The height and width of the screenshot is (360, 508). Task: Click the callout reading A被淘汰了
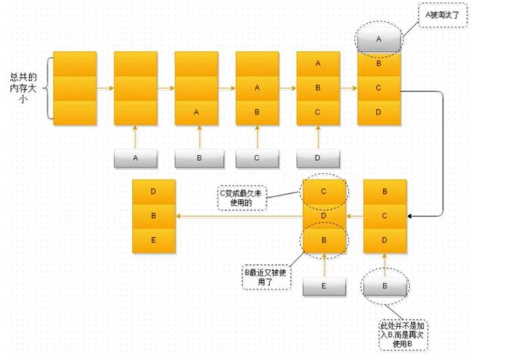pos(443,15)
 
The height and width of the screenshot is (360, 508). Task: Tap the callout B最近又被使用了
pos(267,278)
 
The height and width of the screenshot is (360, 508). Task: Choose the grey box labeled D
pos(318,158)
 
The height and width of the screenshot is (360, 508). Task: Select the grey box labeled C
pos(257,158)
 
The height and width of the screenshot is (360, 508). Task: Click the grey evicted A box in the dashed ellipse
pos(379,40)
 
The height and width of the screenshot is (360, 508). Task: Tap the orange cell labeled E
pos(153,241)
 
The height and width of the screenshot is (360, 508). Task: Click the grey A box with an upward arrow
pos(135,158)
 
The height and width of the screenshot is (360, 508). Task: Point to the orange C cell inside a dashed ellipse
pos(324,192)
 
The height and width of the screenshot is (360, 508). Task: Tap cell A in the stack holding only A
pos(196,112)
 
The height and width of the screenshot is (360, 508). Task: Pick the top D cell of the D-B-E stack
pos(153,192)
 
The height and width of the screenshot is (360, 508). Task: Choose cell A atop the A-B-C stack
pos(318,64)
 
